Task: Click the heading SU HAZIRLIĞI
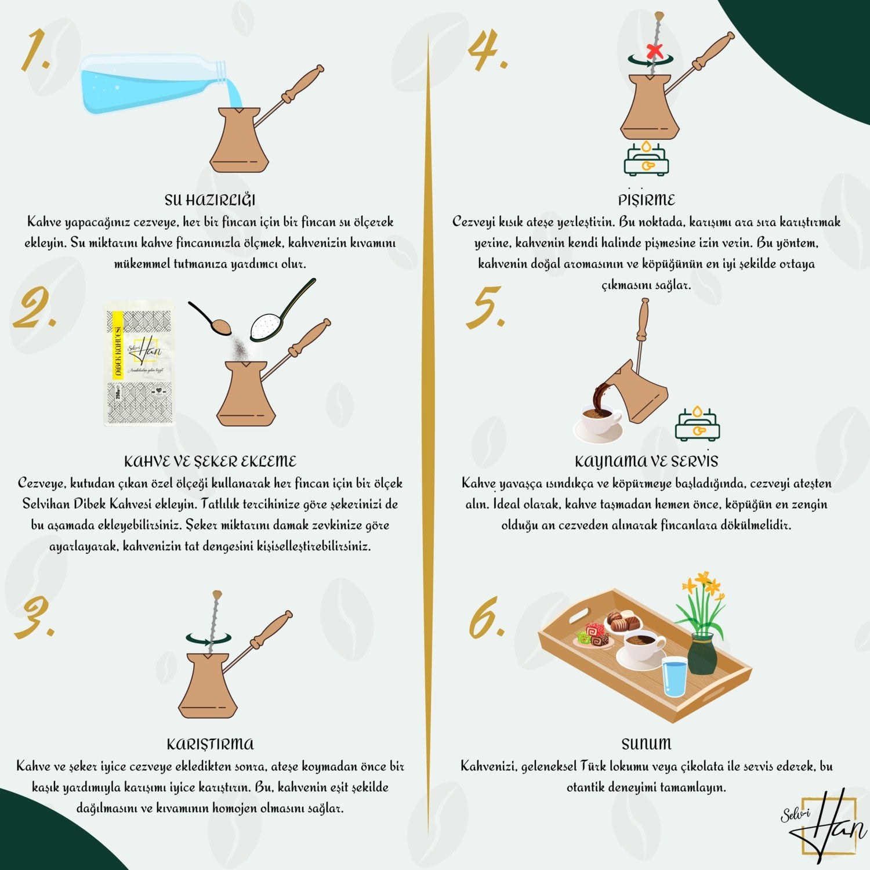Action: click(x=210, y=200)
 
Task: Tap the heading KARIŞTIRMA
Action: click(x=210, y=744)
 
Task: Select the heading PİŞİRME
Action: click(x=646, y=200)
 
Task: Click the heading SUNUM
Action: click(x=646, y=744)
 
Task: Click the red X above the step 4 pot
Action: click(x=655, y=51)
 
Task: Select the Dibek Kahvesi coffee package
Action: click(x=139, y=364)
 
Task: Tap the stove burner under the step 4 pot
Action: click(x=646, y=158)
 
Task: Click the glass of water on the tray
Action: click(x=674, y=677)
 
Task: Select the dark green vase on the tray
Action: click(x=702, y=654)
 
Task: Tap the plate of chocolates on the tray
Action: click(x=623, y=622)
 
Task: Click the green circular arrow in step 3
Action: click(x=208, y=639)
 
